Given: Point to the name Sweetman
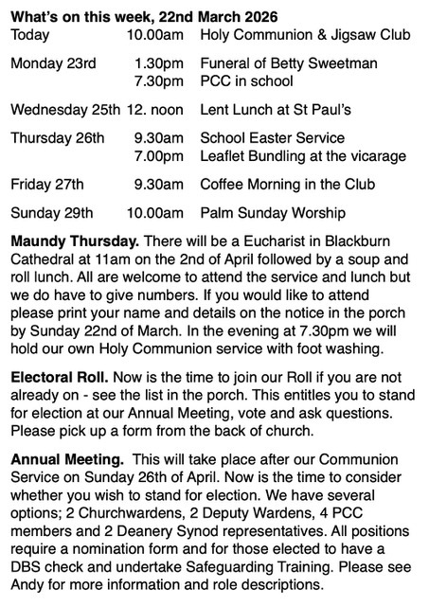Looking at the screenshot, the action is [346, 63].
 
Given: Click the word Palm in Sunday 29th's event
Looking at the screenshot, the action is [218, 212].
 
